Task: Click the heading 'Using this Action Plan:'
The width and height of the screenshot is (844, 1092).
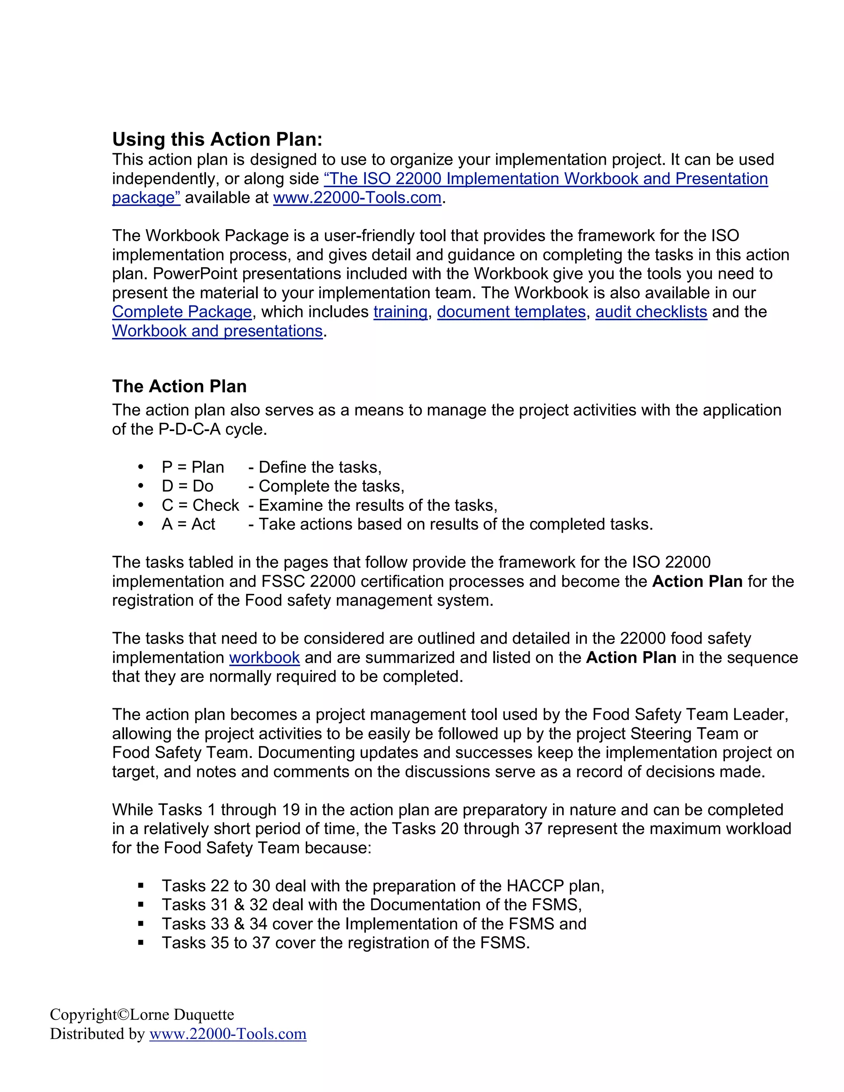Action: tap(217, 139)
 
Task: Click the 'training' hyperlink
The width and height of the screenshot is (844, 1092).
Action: tap(400, 312)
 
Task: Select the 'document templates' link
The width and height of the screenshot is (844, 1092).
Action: tap(511, 312)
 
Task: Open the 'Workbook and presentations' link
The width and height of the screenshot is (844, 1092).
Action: tap(217, 330)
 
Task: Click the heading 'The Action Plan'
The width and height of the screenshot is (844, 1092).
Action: tap(179, 386)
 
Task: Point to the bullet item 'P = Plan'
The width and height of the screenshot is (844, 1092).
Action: tap(192, 467)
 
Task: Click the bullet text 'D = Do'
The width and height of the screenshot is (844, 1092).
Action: tap(187, 486)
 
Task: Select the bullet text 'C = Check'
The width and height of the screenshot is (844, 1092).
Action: tap(200, 505)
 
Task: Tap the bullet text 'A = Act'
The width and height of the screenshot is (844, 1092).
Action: tap(188, 524)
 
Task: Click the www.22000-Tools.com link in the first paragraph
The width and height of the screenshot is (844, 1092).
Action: tap(357, 197)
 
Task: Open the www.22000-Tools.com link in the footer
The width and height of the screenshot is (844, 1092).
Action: tap(227, 1033)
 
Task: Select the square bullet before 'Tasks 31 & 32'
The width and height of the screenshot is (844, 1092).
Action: tap(141, 905)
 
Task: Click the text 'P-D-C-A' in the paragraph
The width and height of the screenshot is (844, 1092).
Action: tap(190, 429)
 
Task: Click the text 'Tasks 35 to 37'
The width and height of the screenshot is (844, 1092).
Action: tap(216, 942)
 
